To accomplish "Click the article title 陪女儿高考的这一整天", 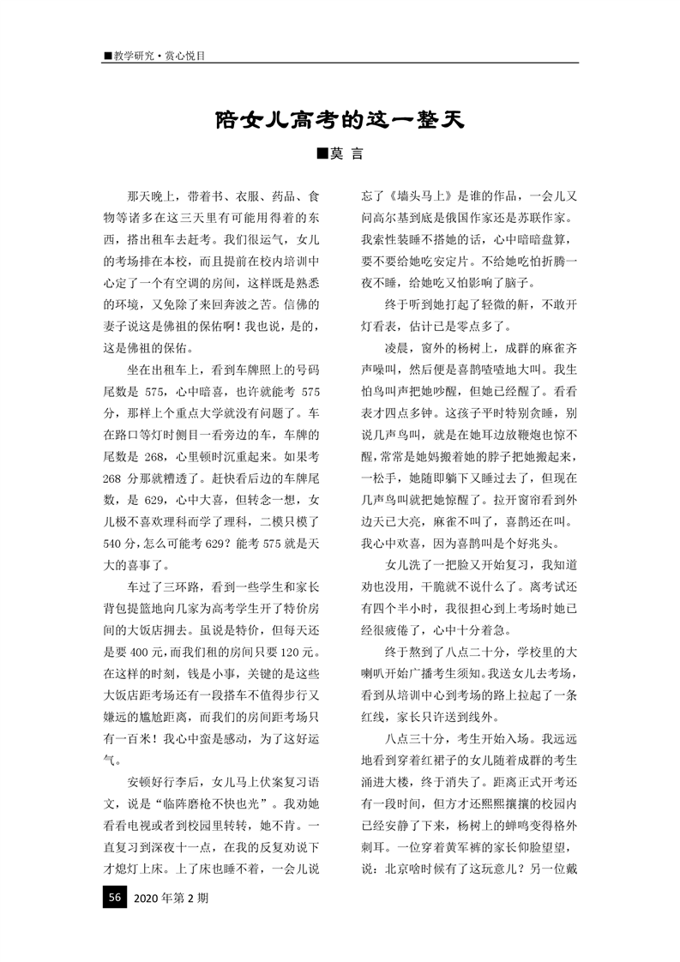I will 340,119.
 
